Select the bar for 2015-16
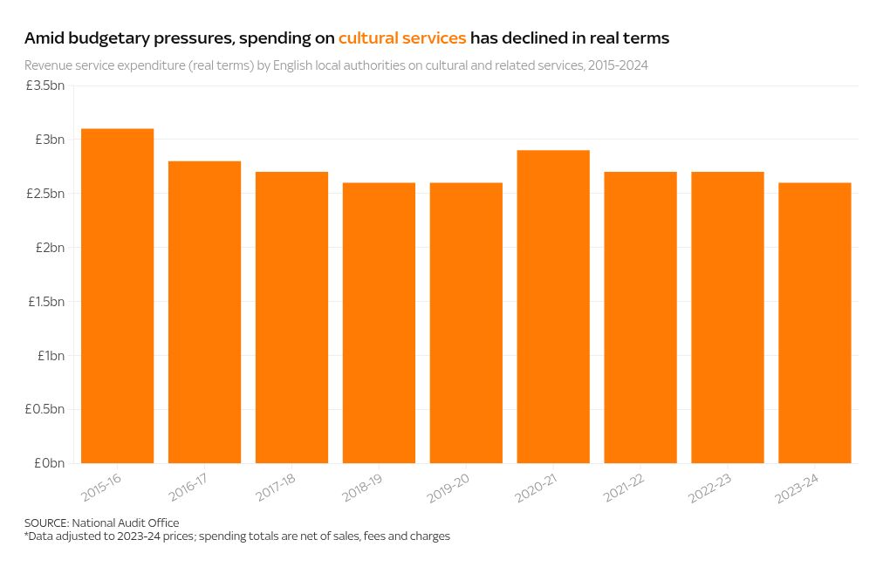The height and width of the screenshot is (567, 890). (117, 296)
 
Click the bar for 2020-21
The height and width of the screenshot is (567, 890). (553, 306)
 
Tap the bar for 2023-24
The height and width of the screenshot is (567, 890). (814, 323)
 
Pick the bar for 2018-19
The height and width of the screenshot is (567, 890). (379, 323)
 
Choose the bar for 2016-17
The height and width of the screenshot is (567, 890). (204, 311)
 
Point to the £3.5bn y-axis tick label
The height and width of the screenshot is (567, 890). (45, 85)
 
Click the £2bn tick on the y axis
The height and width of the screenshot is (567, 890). (51, 248)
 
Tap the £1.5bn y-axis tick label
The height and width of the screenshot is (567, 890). (45, 302)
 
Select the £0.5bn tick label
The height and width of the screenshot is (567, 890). (45, 409)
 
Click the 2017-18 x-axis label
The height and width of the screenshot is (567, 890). (276, 488)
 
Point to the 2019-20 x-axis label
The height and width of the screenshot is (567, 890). (450, 488)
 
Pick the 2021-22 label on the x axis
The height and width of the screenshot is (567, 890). (625, 488)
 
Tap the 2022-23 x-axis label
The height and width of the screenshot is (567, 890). (712, 488)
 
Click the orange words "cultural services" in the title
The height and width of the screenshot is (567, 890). (402, 38)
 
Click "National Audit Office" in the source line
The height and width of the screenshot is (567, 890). (126, 523)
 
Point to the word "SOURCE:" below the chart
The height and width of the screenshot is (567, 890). (47, 523)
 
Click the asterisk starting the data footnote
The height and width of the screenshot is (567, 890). (27, 535)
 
